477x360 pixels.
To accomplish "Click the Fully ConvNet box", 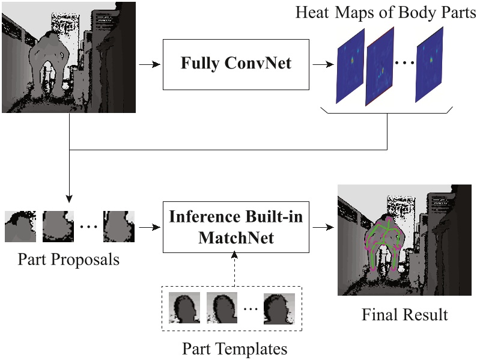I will click(236, 64).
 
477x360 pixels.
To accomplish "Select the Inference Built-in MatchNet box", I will click(236, 228).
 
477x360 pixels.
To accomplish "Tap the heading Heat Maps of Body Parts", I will click(386, 13).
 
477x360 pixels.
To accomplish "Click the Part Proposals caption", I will click(68, 260).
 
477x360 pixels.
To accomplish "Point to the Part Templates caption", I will click(235, 348).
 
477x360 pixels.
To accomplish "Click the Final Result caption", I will click(405, 314).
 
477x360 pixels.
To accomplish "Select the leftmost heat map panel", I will click(350, 66).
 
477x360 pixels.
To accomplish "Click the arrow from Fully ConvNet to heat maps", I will click(324, 64).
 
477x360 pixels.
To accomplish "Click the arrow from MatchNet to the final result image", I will click(323, 228).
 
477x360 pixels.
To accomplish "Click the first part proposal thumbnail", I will click(20, 227).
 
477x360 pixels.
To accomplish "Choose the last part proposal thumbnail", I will click(118, 227).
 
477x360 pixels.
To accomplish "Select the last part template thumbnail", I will click(279, 310).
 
